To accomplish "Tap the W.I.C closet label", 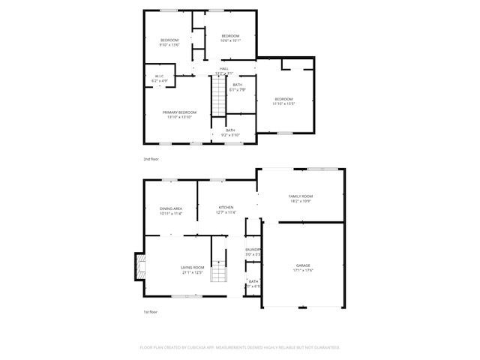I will (159, 77).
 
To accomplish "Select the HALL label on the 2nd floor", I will (223, 69).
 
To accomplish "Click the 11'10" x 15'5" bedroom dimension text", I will (283, 103).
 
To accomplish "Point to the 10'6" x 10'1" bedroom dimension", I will (229, 40).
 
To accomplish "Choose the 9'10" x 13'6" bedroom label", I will (169, 42).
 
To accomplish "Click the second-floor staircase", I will (217, 98).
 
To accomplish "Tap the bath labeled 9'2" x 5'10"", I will (230, 133).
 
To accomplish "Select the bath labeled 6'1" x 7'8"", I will (237, 87).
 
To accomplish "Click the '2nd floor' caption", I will (151, 159).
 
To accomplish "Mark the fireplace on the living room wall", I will (138, 266).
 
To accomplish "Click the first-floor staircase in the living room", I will (218, 273).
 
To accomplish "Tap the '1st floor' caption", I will (150, 312).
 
